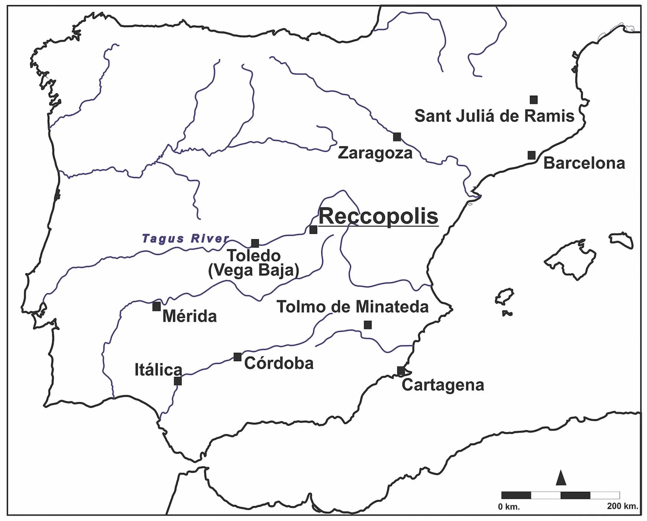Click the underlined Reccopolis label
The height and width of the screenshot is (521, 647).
(378, 216)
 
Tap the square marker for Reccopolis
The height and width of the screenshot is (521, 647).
(313, 230)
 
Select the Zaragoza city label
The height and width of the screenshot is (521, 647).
(375, 153)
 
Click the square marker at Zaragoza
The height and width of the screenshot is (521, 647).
(397, 137)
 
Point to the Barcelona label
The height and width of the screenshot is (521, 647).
(584, 163)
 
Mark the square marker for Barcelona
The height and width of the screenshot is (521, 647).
(532, 155)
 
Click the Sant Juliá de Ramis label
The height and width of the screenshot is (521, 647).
(494, 116)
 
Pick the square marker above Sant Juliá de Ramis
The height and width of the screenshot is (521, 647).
(534, 100)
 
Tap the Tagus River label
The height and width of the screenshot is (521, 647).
(185, 238)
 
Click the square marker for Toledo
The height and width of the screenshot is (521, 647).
(255, 243)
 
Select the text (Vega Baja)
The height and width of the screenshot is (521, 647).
(253, 271)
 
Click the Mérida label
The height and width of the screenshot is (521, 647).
(190, 317)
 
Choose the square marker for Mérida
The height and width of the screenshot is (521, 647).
(156, 307)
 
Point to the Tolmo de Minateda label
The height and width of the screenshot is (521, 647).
(352, 307)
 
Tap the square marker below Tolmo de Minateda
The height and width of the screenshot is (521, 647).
(368, 325)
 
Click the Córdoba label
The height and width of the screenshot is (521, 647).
(279, 364)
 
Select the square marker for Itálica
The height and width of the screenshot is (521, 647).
(178, 381)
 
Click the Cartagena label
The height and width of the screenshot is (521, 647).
(443, 385)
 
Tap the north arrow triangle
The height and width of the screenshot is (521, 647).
(561, 479)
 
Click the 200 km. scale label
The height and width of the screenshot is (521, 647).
(622, 506)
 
